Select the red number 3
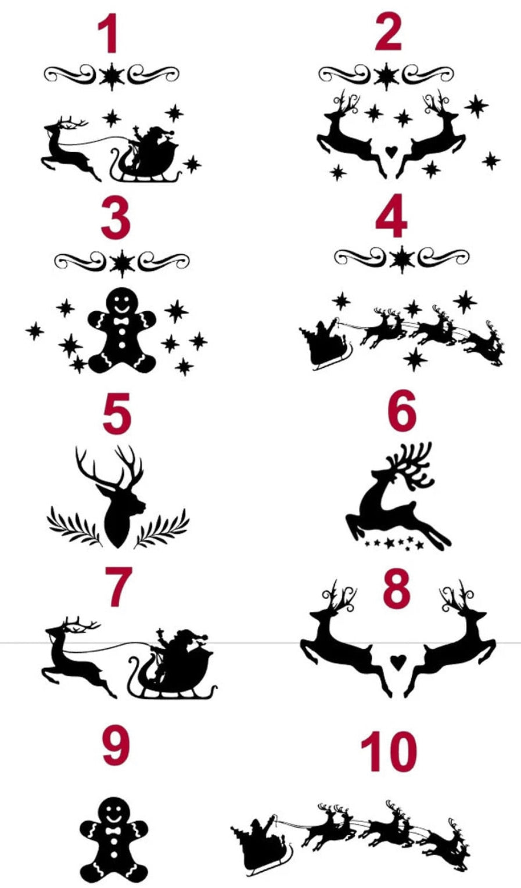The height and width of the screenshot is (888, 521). pyautogui.click(x=116, y=218)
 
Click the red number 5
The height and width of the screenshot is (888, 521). pyautogui.click(x=117, y=414)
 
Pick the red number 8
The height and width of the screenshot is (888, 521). pyautogui.click(x=397, y=587)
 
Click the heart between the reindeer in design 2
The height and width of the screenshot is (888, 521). pyautogui.click(x=391, y=152)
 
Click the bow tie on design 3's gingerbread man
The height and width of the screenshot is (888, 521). pyautogui.click(x=121, y=321)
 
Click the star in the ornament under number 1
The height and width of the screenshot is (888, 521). pyautogui.click(x=112, y=76)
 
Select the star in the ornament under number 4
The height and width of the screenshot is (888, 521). pyautogui.click(x=402, y=259)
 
